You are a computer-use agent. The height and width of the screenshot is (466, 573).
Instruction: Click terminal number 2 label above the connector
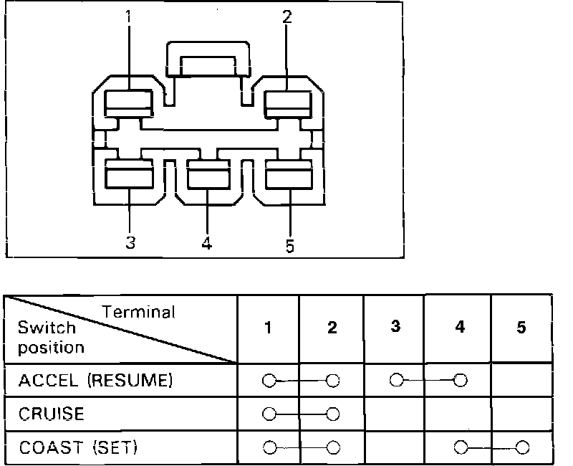pyautogui.click(x=287, y=17)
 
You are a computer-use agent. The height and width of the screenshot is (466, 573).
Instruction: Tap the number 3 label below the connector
pyautogui.click(x=130, y=243)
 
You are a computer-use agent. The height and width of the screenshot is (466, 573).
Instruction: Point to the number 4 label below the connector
pyautogui.click(x=207, y=244)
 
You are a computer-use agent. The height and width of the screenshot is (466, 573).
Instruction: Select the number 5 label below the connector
pyautogui.click(x=289, y=246)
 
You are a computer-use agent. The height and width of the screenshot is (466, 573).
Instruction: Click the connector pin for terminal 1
pyautogui.click(x=129, y=103)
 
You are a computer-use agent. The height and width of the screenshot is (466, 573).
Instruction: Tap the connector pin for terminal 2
pyautogui.click(x=289, y=103)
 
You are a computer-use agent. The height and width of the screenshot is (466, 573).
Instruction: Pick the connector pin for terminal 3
pyautogui.click(x=129, y=174)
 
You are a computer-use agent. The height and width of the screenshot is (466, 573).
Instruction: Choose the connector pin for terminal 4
pyautogui.click(x=208, y=174)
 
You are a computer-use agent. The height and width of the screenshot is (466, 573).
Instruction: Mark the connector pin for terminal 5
pyautogui.click(x=289, y=174)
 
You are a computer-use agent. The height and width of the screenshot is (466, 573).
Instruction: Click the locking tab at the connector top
pyautogui.click(x=208, y=60)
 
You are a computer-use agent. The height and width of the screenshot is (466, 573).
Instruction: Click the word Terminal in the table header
pyautogui.click(x=138, y=312)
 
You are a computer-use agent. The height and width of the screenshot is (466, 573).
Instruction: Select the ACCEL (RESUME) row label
pyautogui.click(x=96, y=381)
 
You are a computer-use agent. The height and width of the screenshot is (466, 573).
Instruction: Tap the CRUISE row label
pyautogui.click(x=52, y=414)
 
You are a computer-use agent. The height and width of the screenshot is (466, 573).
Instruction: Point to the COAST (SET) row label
pyautogui.click(x=78, y=448)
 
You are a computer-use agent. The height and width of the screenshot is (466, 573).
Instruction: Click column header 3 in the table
pyautogui.click(x=395, y=326)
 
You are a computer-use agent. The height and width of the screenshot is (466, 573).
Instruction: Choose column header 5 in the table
pyautogui.click(x=521, y=328)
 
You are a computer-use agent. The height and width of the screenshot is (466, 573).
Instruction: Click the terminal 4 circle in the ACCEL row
pyautogui.click(x=461, y=380)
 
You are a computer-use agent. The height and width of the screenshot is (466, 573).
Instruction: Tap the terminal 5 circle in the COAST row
pyautogui.click(x=522, y=448)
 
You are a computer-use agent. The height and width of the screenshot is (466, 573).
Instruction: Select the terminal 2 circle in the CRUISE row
pyautogui.click(x=332, y=414)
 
